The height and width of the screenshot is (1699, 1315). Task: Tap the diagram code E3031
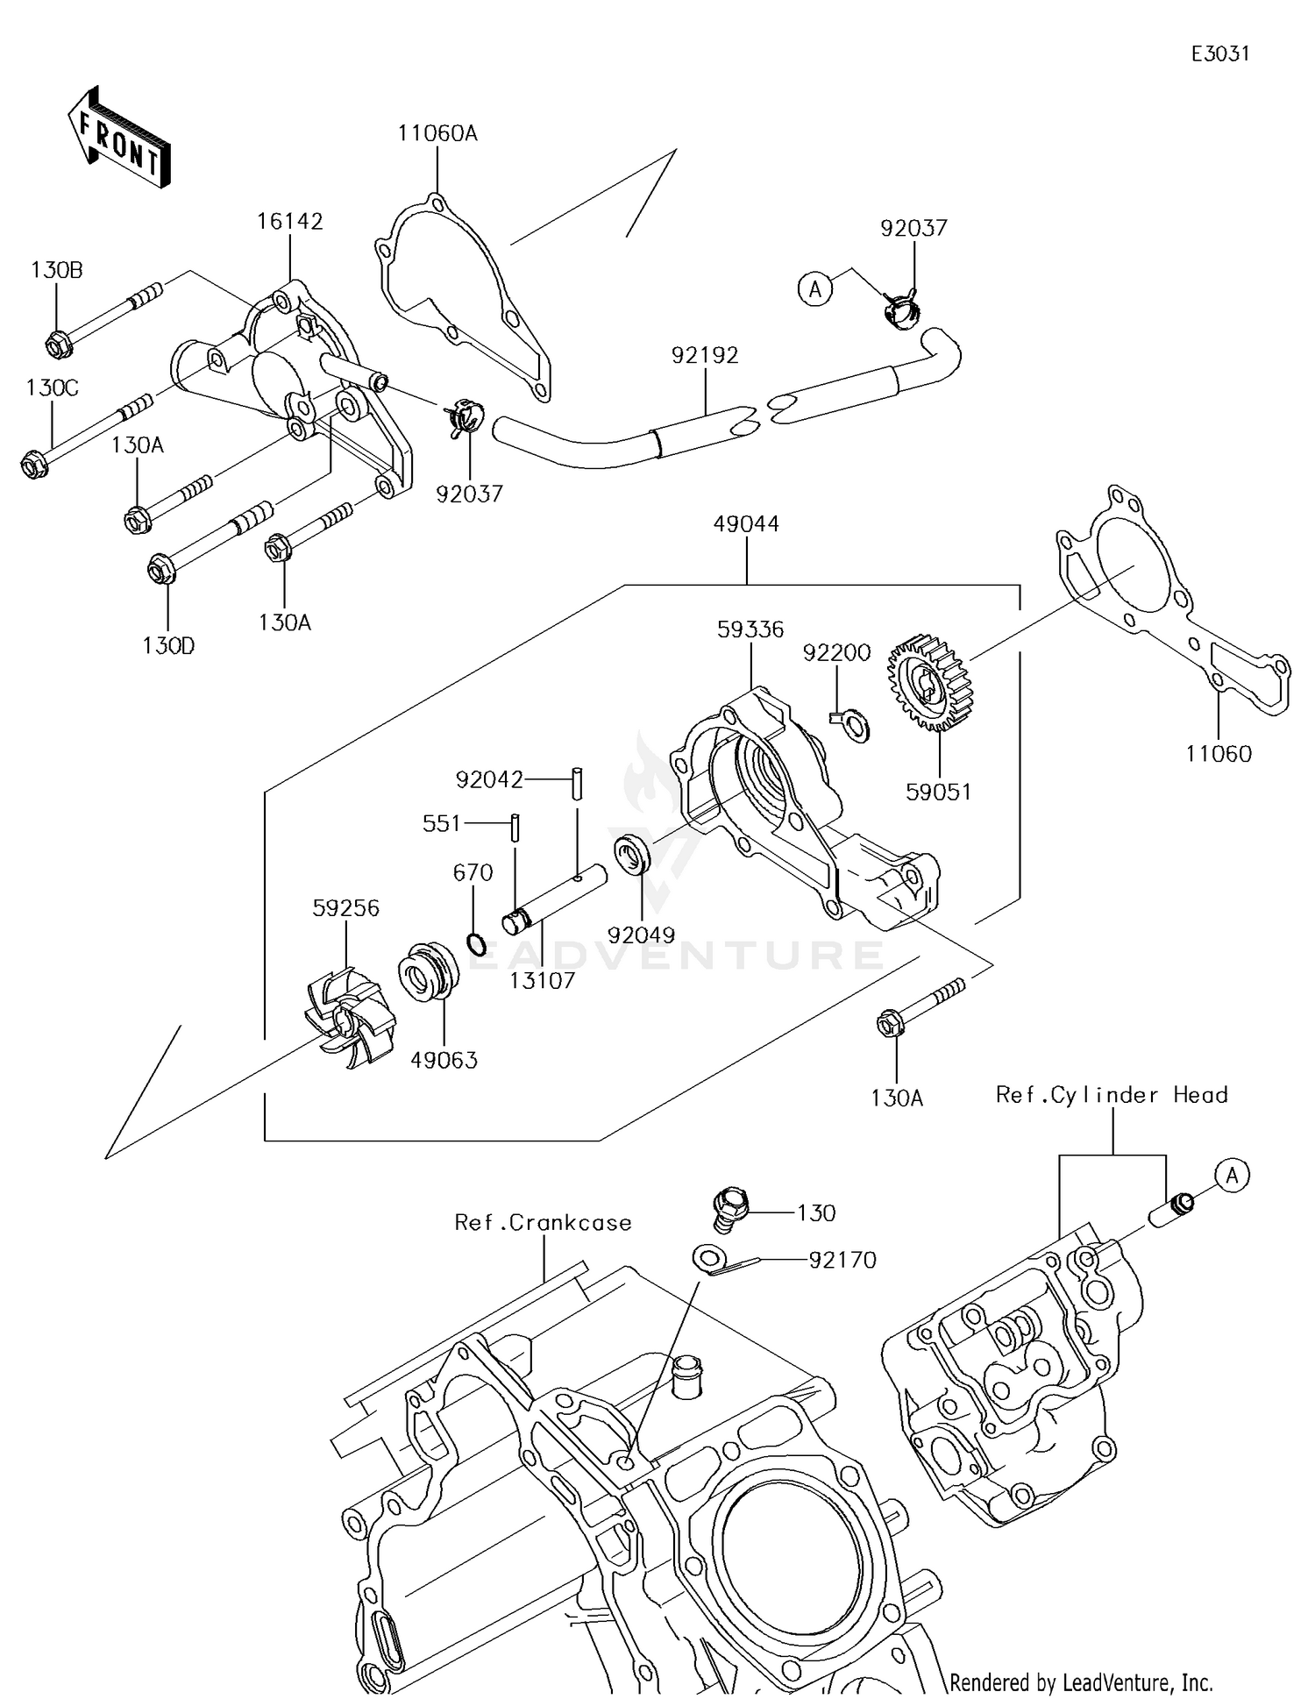click(1219, 54)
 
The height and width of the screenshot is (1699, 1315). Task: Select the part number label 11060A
click(437, 133)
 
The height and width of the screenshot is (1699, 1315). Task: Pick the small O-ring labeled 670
click(474, 945)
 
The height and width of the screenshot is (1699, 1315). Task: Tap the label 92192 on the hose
click(705, 355)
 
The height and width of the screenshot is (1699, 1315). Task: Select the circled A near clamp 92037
click(815, 288)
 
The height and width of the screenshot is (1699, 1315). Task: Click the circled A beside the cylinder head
click(1232, 1175)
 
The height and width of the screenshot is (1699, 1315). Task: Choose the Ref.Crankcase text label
click(543, 1222)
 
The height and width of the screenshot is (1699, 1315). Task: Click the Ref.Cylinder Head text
click(1111, 1095)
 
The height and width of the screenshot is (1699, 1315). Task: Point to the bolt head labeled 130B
click(57, 345)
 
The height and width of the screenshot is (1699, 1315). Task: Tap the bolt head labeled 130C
click(33, 464)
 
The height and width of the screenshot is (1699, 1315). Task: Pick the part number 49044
click(746, 523)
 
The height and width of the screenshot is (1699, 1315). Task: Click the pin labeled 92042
click(578, 782)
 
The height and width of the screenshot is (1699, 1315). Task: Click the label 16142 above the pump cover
click(289, 221)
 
